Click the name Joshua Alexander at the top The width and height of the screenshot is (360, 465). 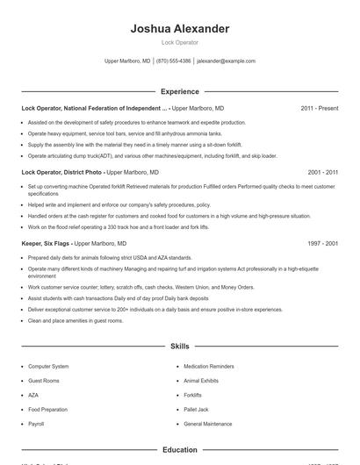(x=179, y=29)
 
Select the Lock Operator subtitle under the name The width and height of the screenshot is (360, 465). (x=179, y=42)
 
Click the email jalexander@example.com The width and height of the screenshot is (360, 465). (x=226, y=61)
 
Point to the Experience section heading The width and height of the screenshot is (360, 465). (x=179, y=91)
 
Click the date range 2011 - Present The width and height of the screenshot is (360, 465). (x=319, y=108)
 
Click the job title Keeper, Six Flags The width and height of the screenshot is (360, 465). (x=46, y=243)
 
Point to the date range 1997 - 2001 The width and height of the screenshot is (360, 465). (x=322, y=243)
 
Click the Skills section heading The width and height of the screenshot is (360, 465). (x=179, y=347)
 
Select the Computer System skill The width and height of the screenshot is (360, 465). (x=48, y=366)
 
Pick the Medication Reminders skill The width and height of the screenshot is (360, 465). (x=210, y=366)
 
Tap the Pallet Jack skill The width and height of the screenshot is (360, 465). (x=196, y=409)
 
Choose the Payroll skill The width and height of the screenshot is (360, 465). (x=36, y=424)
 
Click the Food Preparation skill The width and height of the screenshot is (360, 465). (x=47, y=409)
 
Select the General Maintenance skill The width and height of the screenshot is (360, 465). (x=208, y=424)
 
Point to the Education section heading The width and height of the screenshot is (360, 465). (x=179, y=450)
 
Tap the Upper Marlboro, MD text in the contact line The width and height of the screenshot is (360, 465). (x=127, y=61)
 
